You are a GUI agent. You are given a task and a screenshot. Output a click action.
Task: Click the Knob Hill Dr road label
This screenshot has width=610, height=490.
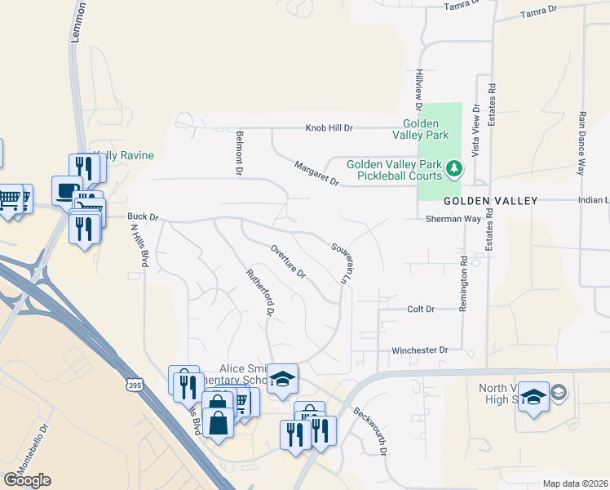(329, 128)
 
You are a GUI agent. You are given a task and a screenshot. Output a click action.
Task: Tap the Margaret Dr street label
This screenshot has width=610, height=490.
(317, 172)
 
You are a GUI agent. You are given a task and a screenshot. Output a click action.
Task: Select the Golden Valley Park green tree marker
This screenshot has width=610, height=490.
(455, 171)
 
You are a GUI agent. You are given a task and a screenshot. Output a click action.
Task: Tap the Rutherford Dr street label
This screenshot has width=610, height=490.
(260, 291)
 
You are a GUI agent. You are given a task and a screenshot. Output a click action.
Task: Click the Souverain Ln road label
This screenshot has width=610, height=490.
(341, 262)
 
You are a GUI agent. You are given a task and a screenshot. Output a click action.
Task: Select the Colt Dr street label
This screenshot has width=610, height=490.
(421, 310)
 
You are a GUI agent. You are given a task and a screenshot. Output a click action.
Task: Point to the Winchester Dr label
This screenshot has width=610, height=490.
(420, 350)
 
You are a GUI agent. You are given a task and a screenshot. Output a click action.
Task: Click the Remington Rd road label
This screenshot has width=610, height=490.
(465, 278)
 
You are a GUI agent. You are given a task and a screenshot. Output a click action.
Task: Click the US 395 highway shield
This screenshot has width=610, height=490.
(135, 383)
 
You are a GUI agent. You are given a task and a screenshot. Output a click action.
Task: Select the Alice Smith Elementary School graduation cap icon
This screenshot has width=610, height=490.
(282, 379)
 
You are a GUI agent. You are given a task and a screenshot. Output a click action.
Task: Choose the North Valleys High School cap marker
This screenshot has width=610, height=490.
(533, 397)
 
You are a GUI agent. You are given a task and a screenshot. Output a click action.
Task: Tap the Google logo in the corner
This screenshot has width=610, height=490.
(27, 480)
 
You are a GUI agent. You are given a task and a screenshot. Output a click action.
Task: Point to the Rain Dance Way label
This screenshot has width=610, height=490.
(582, 143)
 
